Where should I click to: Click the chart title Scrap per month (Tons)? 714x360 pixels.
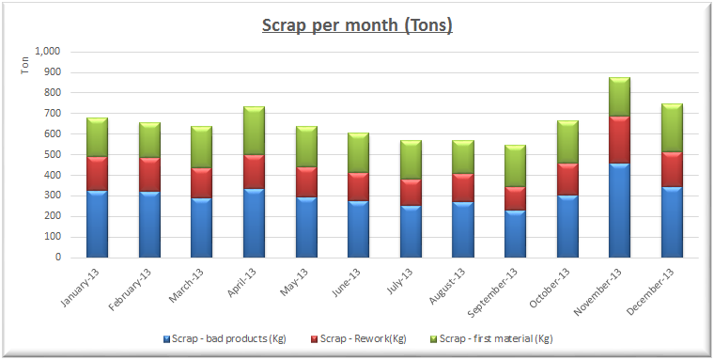[x=356, y=24]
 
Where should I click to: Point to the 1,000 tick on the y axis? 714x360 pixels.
[x=47, y=52]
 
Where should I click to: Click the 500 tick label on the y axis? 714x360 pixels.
[x=53, y=154]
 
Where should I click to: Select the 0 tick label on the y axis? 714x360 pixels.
[x=58, y=257]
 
